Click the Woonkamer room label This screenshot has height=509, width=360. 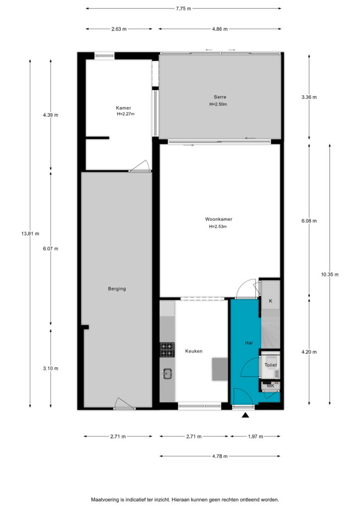(x=218, y=219)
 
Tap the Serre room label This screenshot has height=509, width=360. (x=220, y=97)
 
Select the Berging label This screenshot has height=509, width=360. (x=117, y=289)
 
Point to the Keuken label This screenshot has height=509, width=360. (x=194, y=351)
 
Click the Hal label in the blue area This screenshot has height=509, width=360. (x=249, y=343)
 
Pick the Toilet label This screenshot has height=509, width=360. (x=270, y=365)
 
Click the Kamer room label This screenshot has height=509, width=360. (x=123, y=108)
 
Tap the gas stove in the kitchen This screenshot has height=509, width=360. (x=167, y=350)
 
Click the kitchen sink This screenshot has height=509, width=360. (x=168, y=374)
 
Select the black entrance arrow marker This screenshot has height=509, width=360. (x=246, y=415)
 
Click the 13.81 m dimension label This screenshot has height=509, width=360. (x=30, y=234)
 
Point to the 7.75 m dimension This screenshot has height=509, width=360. (x=183, y=9)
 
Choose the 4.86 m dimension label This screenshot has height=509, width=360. (x=220, y=29)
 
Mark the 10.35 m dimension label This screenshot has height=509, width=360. (x=330, y=274)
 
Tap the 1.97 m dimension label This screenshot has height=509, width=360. (x=256, y=436)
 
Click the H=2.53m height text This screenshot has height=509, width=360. (x=218, y=227)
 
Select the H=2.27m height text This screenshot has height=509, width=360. (x=126, y=114)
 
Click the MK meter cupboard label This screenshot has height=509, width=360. (x=270, y=386)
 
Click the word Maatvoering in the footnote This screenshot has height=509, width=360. (x=105, y=500)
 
